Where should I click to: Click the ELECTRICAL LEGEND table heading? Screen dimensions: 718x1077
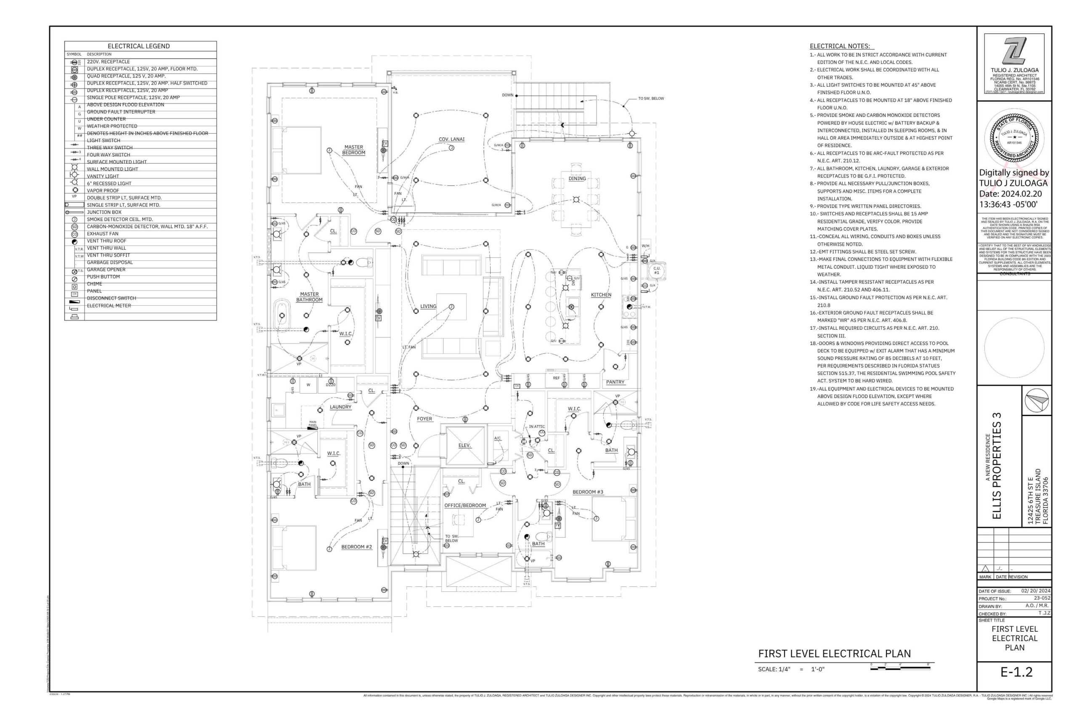click(x=138, y=46)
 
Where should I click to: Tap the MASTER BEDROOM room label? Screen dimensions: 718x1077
click(x=353, y=150)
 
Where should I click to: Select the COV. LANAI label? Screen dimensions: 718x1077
click(x=451, y=139)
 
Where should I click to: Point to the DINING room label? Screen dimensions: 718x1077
click(x=577, y=179)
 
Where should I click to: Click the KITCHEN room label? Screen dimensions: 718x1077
click(x=601, y=295)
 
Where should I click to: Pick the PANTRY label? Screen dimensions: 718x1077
click(x=615, y=382)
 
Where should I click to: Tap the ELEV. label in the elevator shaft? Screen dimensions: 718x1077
click(x=464, y=445)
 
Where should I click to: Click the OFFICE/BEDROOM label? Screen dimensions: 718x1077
click(x=465, y=506)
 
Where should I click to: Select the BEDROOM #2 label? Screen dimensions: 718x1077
click(x=356, y=547)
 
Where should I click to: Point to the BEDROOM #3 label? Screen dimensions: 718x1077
click(x=587, y=492)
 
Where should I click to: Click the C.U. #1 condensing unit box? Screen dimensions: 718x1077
click(x=656, y=270)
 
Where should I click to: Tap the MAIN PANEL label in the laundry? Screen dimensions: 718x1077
click(x=313, y=424)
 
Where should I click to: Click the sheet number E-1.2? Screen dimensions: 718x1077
click(x=1016, y=672)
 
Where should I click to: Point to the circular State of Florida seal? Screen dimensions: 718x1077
click(x=1014, y=136)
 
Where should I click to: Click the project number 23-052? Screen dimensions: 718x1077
click(x=1042, y=598)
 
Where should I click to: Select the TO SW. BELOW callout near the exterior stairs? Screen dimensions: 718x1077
click(x=651, y=98)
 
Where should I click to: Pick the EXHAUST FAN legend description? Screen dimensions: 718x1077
click(x=103, y=233)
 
